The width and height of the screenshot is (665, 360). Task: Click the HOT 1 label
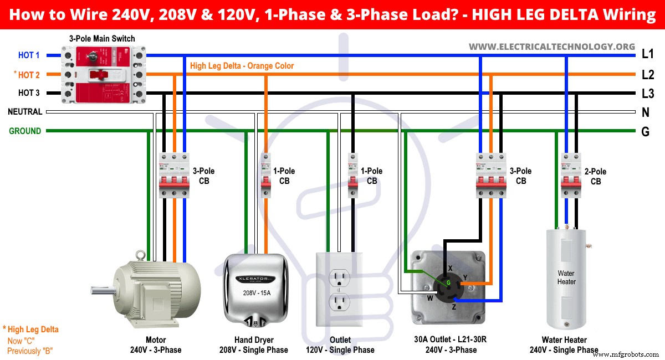coord(29,55)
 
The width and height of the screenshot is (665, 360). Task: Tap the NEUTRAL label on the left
coord(25,112)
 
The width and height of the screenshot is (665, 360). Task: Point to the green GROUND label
coord(25,131)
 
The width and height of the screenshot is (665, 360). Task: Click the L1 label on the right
coord(647,54)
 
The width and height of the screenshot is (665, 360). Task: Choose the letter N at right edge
coord(646,112)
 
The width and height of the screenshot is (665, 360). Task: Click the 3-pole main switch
coord(103,75)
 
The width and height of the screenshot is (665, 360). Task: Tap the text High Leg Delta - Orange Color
coord(242,66)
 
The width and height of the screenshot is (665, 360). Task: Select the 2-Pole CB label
coord(596,176)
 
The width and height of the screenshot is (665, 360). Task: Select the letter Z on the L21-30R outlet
coord(454,306)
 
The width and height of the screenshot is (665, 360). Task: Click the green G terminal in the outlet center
coord(449,283)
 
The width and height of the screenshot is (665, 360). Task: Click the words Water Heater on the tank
coord(566,277)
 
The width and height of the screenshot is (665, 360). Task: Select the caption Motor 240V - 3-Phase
coord(156,344)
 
